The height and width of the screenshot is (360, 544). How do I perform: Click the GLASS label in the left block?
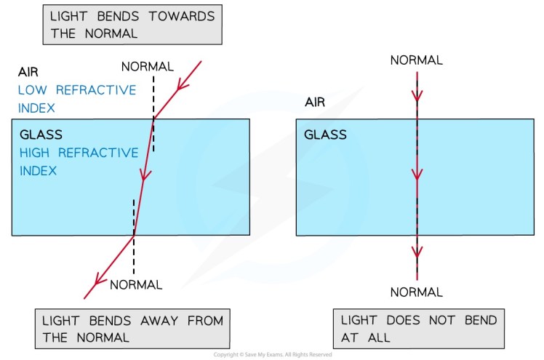pos(41,135)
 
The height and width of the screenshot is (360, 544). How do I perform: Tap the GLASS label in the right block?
pos(325,135)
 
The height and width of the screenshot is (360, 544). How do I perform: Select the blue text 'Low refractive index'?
pos(77,99)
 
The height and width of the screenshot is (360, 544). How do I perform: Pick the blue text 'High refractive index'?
pos(79,162)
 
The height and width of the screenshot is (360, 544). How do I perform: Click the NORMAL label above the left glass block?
pos(148,67)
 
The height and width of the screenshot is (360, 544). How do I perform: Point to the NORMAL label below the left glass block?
pos(136,284)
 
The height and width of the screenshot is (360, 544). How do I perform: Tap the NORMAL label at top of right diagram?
pos(417,60)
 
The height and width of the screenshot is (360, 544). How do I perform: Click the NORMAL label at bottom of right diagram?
pos(417,292)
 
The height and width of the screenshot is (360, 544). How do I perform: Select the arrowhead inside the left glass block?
pos(145,175)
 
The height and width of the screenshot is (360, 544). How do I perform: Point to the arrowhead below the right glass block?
pos(417,252)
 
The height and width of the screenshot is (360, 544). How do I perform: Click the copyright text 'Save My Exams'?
pos(272,355)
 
